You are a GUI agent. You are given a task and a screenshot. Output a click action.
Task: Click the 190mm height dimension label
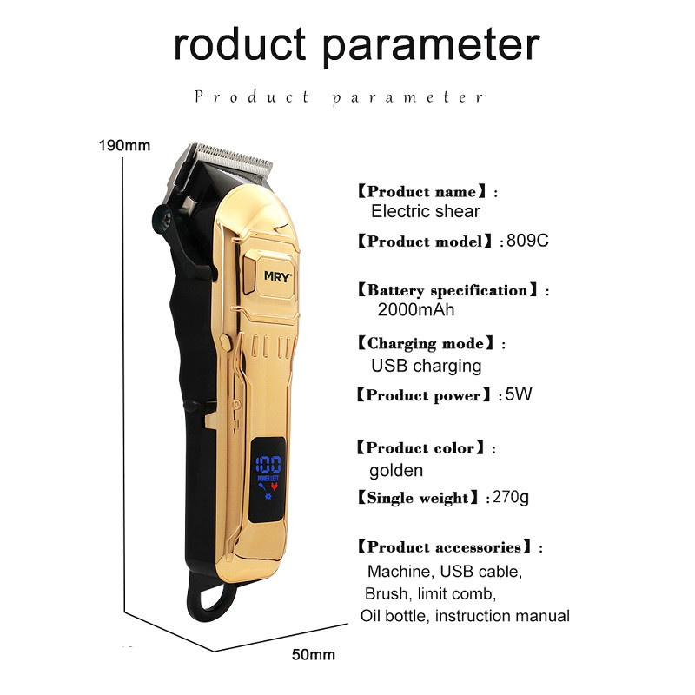click(x=124, y=145)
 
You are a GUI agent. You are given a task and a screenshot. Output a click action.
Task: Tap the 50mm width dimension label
click(x=314, y=655)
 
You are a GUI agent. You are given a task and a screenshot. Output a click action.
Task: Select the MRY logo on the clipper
click(x=278, y=276)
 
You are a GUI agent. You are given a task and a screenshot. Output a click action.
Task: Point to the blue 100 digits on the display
click(x=268, y=465)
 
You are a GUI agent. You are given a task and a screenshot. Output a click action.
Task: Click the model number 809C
click(x=527, y=241)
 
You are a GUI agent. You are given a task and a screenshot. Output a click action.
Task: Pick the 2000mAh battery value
click(x=416, y=309)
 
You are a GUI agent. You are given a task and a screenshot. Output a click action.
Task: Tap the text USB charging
click(x=427, y=366)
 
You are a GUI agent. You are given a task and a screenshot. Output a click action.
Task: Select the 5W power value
click(x=518, y=394)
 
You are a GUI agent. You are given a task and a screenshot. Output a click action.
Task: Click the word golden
click(x=396, y=471)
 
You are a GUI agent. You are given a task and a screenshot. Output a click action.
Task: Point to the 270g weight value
click(x=511, y=497)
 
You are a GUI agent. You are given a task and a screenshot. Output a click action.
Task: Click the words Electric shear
click(x=426, y=211)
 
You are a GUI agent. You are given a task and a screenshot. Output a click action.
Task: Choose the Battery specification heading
click(x=447, y=290)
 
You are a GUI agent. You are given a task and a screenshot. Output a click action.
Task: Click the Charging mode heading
click(x=426, y=343)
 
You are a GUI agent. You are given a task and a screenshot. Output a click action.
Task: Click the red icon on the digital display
click(x=275, y=487)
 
